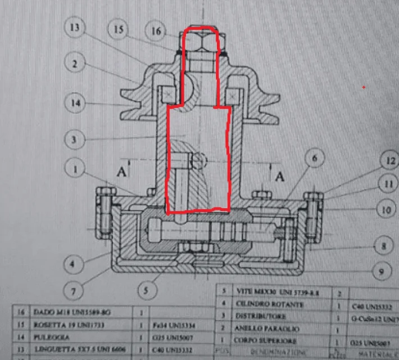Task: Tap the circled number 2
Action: pos(75,63)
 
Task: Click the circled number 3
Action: pos(75,137)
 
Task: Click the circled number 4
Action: pos(75,262)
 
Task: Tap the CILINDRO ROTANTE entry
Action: pos(271,305)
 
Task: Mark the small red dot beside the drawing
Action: pos(364,87)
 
